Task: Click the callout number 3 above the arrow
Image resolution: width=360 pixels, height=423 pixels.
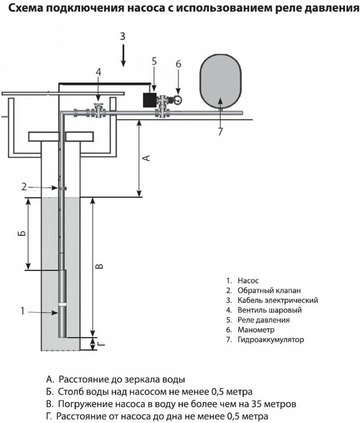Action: [x=124, y=37]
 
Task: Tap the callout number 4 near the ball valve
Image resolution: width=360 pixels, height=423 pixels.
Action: [x=99, y=72]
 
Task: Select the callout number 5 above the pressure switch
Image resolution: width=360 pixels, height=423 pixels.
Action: [x=154, y=61]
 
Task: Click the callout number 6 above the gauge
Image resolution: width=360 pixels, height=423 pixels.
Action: [x=178, y=64]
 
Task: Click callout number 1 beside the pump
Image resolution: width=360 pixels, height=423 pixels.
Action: [x=23, y=311]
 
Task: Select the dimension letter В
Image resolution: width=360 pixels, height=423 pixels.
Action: [x=100, y=266]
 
